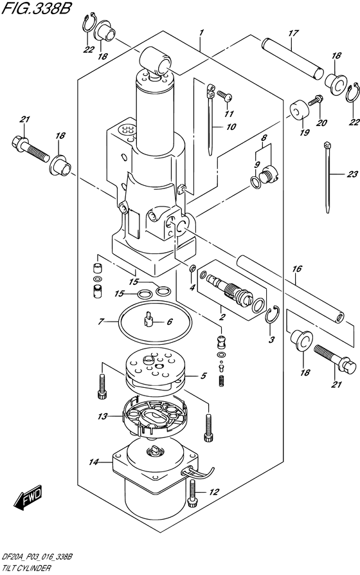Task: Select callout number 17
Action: tap(292, 33)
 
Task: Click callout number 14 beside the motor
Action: tap(94, 462)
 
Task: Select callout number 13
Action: tap(102, 417)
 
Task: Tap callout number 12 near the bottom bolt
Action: tap(214, 492)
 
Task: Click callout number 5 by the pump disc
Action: tap(203, 376)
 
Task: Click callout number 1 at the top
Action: tap(202, 32)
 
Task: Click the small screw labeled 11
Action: tap(223, 95)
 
